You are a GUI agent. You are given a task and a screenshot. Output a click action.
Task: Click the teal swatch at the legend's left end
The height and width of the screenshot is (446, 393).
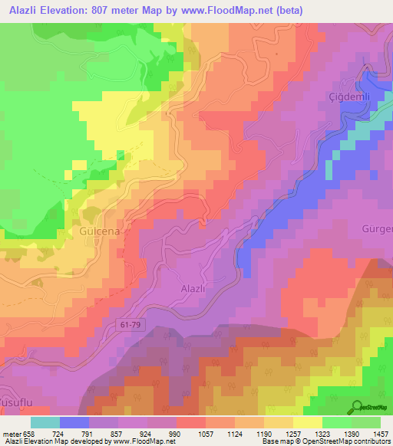coord(45,422)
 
